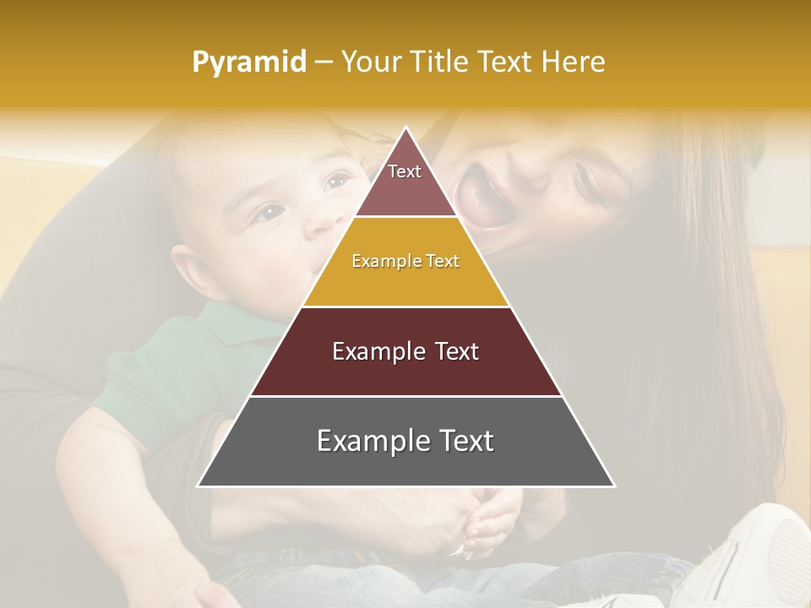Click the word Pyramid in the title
pyautogui.click(x=249, y=62)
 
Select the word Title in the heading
pyautogui.click(x=445, y=62)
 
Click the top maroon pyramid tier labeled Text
pyautogui.click(x=405, y=182)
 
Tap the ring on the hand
pyautogui.click(x=456, y=551)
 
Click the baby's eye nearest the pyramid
pyautogui.click(x=337, y=181)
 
